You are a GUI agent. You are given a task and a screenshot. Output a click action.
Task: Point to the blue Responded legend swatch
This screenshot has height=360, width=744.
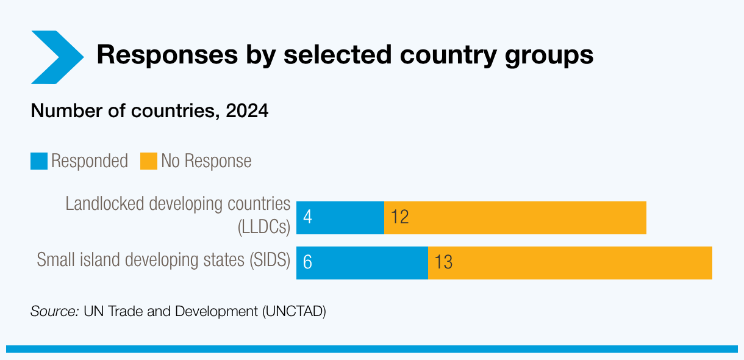click(x=39, y=161)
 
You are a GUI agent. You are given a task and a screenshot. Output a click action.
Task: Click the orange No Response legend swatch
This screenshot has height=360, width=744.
click(x=149, y=161)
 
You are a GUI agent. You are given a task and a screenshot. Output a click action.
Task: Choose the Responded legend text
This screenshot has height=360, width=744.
click(x=90, y=161)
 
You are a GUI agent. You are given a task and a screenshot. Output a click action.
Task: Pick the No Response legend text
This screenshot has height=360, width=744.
click(x=206, y=161)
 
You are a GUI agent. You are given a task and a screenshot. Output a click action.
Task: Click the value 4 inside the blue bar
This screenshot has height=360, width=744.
click(x=307, y=217)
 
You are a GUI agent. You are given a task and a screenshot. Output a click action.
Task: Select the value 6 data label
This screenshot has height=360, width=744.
click(x=307, y=262)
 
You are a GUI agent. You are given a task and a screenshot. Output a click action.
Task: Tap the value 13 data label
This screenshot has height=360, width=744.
click(x=443, y=262)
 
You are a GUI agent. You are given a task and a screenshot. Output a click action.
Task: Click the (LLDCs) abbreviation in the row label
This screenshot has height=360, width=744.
click(x=263, y=227)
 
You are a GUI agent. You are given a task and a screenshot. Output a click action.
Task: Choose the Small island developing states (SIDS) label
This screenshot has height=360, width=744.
click(x=163, y=260)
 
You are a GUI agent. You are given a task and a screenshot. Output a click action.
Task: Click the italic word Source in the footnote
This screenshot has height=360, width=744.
click(x=54, y=311)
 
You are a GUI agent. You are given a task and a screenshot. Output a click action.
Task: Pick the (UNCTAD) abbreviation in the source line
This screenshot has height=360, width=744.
click(x=295, y=311)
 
